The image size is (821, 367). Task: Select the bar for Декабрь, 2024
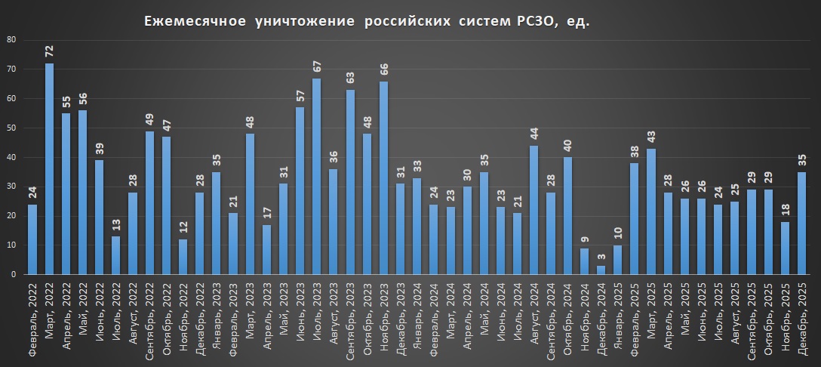(601, 270)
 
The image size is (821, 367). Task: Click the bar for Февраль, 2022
(32, 239)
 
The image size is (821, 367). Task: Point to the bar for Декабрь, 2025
(802, 223)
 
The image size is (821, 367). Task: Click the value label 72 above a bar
(49, 51)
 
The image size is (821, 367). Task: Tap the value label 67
(317, 66)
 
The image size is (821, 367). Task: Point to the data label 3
(601, 257)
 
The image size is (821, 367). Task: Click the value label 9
(585, 239)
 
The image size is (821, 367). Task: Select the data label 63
(350, 78)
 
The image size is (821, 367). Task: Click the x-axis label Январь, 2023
(217, 321)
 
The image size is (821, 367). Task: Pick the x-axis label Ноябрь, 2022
(183, 321)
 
